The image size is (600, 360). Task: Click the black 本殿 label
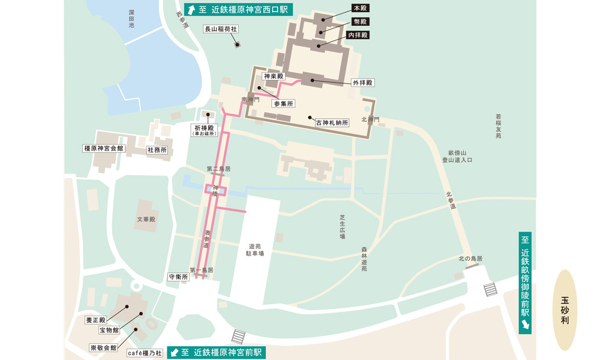click(359, 8)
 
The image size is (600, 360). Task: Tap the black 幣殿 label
click(359, 22)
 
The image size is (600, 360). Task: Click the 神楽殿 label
click(274, 76)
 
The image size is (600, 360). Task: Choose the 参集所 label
click(284, 104)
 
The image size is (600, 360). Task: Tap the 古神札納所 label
click(332, 122)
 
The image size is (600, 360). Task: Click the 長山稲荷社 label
click(221, 29)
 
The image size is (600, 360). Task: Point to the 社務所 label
click(157, 150)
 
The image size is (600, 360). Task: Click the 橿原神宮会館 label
click(103, 148)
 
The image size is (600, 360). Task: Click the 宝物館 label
click(109, 330)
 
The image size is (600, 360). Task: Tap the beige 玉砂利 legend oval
click(565, 310)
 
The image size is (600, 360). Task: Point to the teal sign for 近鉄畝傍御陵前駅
click(525, 282)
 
